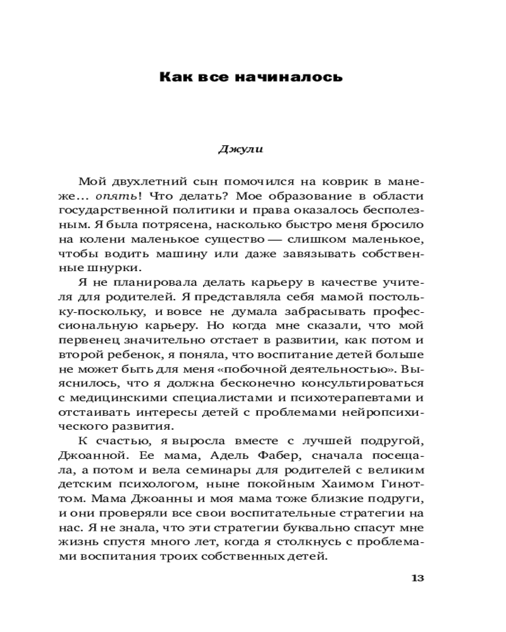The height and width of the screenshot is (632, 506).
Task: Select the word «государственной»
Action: (x=123, y=210)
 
